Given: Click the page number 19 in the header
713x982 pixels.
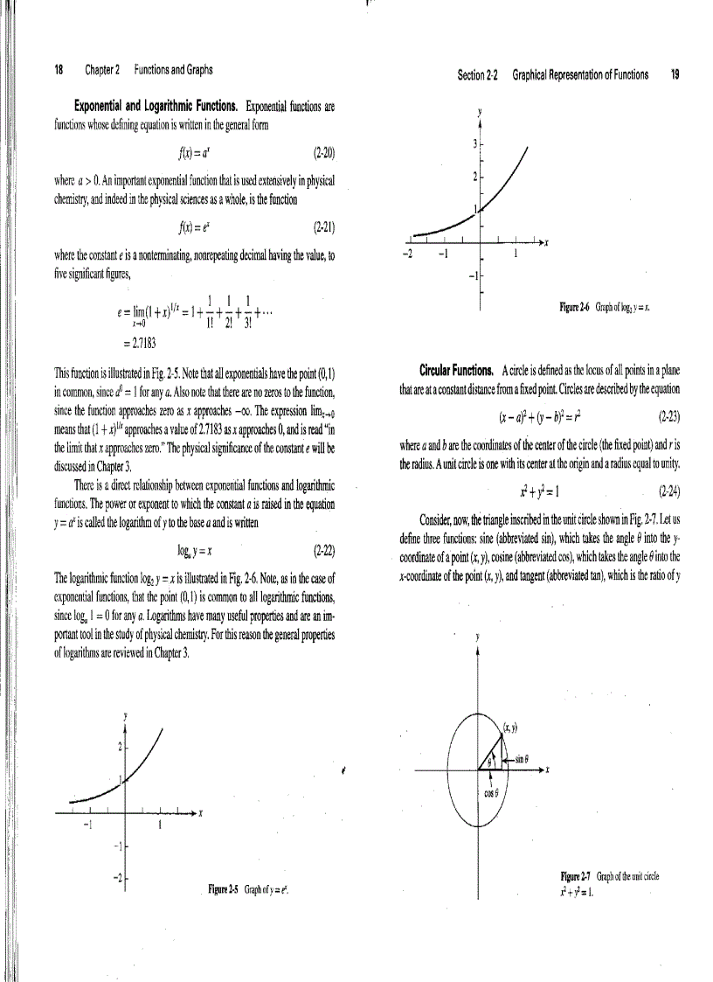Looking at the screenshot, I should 675,75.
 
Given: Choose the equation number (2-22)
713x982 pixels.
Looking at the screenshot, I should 324,552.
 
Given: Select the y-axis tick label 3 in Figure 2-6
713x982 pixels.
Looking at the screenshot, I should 474,143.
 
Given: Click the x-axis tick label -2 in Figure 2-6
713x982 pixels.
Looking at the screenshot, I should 405,255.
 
